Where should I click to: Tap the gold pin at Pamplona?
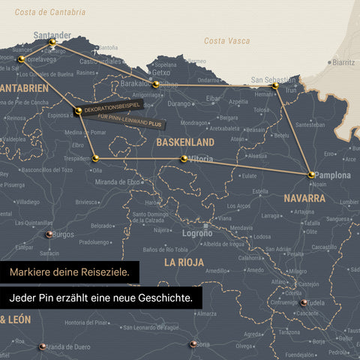click(311, 175)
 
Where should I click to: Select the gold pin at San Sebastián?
click(275, 86)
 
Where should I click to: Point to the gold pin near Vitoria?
click(184, 158)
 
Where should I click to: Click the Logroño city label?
click(197, 233)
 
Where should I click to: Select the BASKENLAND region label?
click(185, 142)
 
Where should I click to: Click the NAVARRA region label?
click(304, 198)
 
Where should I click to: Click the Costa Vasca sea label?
click(227, 40)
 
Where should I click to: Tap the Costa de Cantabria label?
click(50, 13)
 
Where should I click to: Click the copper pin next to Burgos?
click(49, 234)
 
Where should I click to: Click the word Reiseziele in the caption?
click(103, 271)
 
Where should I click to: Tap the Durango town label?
click(180, 103)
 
